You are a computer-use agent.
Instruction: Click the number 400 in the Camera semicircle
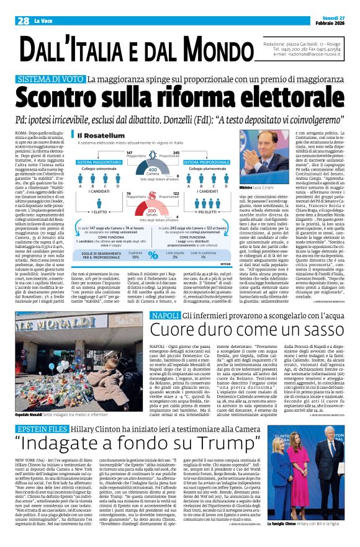(x=151, y=171)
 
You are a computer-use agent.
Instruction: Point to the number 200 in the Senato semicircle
(x=151, y=210)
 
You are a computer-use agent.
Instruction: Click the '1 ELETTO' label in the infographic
(x=102, y=211)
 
